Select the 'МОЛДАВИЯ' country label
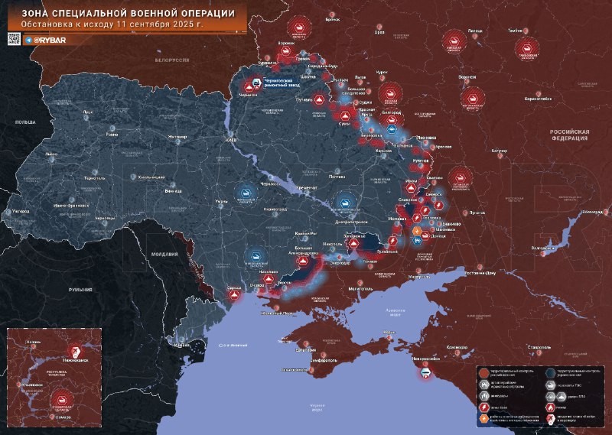click(164, 253)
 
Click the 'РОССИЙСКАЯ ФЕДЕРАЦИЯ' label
click(569, 135)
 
